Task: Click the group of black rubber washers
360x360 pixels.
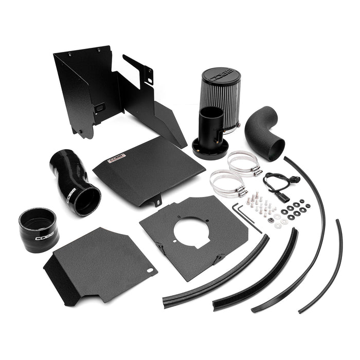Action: pos(296,208)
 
